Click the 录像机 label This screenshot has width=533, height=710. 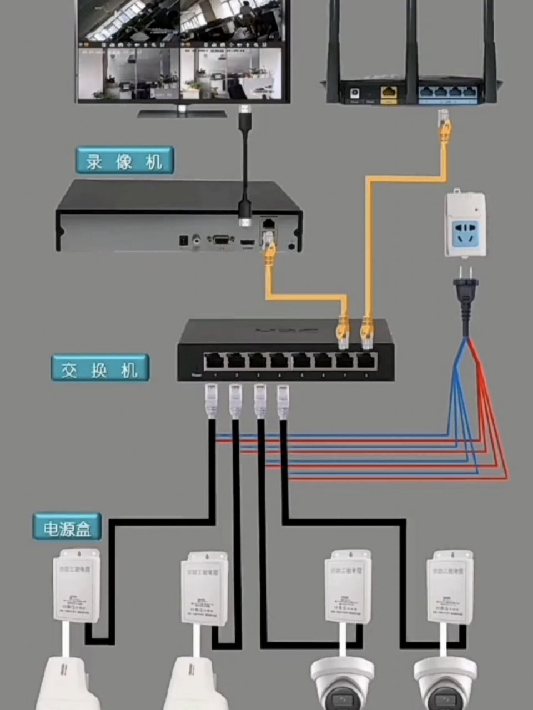pyautogui.click(x=124, y=161)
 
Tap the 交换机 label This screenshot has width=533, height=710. pyautogui.click(x=100, y=368)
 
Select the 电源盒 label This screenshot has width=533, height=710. pyautogui.click(x=67, y=527)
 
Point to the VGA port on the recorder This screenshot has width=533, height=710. pyautogui.click(x=220, y=240)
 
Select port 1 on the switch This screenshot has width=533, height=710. pyautogui.click(x=214, y=361)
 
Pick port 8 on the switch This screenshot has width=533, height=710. pyautogui.click(x=365, y=361)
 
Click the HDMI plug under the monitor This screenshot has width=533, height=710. pyautogui.click(x=244, y=118)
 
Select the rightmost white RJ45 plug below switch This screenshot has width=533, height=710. pyautogui.click(x=284, y=402)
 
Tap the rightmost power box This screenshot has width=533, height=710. pyautogui.click(x=450, y=587)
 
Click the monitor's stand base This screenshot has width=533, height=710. pyautogui.click(x=182, y=113)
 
